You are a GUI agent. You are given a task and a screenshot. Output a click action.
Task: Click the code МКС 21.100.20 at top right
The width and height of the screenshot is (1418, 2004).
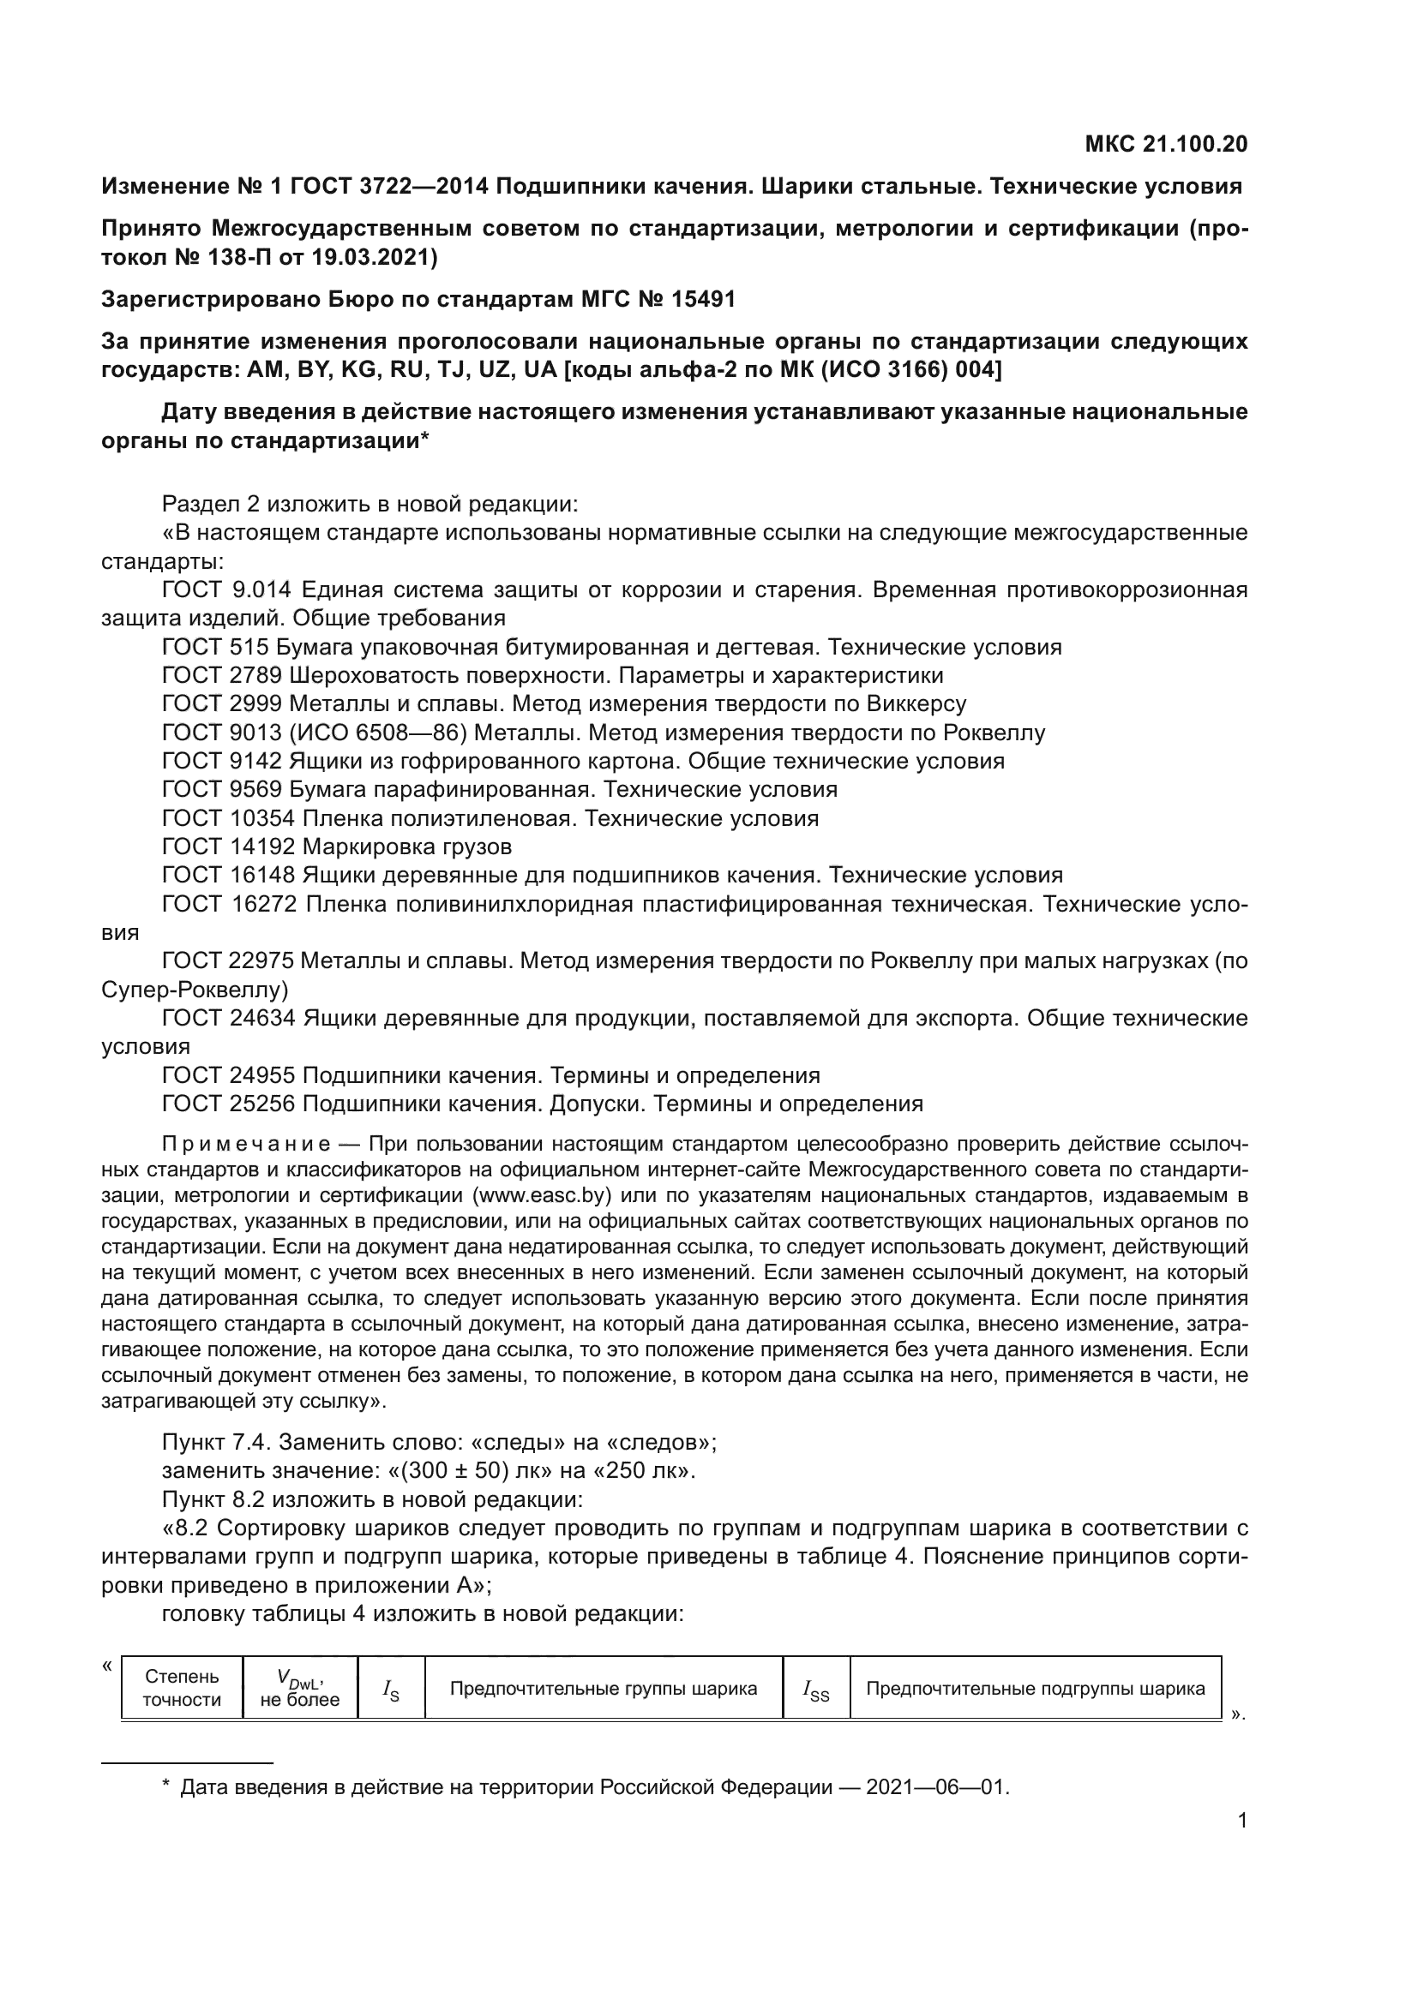click(x=1166, y=144)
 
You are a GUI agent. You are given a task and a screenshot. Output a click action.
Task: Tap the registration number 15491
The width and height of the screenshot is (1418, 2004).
click(x=703, y=299)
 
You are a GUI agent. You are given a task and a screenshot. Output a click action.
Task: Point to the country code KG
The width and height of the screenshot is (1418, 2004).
click(x=358, y=370)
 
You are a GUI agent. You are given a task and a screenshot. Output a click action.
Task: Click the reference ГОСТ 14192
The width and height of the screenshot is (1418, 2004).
click(x=229, y=846)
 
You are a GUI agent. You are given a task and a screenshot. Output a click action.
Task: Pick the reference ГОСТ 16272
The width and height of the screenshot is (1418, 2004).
click(x=230, y=904)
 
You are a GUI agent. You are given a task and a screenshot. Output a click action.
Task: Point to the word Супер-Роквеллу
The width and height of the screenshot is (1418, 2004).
click(x=195, y=990)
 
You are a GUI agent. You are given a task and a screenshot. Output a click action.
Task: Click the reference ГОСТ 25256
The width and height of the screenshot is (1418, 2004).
click(x=229, y=1104)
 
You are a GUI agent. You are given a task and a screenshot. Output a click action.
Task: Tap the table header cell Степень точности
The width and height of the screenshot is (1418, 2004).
click(x=182, y=1687)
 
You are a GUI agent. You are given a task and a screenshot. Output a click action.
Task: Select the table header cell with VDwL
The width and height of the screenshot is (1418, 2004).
click(x=299, y=1687)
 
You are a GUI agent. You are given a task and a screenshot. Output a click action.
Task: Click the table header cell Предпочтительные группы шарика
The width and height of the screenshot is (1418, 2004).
click(x=604, y=1688)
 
